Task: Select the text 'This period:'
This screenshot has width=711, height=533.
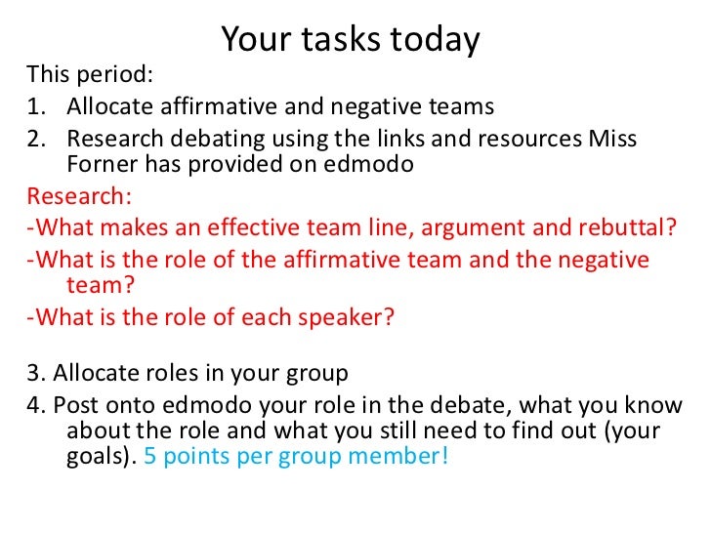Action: pyautogui.click(x=90, y=75)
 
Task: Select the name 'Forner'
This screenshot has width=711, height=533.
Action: pyautogui.click(x=103, y=165)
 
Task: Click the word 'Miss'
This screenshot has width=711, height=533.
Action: pyautogui.click(x=612, y=139)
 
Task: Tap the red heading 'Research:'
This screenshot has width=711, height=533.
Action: pyautogui.click(x=78, y=195)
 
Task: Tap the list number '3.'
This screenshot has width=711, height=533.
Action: pyautogui.click(x=36, y=372)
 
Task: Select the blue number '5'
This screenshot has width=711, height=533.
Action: pyautogui.click(x=149, y=457)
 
